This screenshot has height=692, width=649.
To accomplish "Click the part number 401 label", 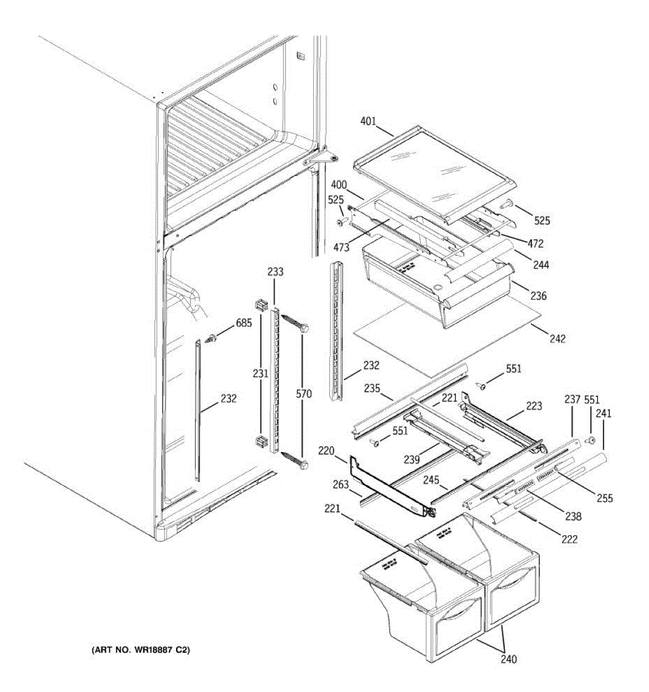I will click(368, 122).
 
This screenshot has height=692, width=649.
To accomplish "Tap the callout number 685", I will click(243, 324).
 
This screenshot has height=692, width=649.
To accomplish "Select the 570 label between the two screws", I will click(303, 394).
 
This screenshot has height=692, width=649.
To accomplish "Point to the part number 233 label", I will click(276, 272).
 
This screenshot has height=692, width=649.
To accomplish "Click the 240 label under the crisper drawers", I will click(509, 659).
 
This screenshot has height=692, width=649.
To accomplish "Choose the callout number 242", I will click(557, 339).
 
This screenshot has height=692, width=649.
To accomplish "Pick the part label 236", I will click(538, 296).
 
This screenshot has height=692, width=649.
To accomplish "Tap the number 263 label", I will click(341, 484).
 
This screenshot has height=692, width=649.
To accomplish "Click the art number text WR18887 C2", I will click(141, 650).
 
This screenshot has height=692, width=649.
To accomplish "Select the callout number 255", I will click(605, 498).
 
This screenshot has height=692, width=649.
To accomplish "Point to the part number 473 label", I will click(341, 248).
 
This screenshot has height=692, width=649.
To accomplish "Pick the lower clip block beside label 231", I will click(260, 443).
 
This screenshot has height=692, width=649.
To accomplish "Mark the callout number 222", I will click(569, 540).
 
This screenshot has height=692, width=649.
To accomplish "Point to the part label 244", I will click(541, 265).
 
